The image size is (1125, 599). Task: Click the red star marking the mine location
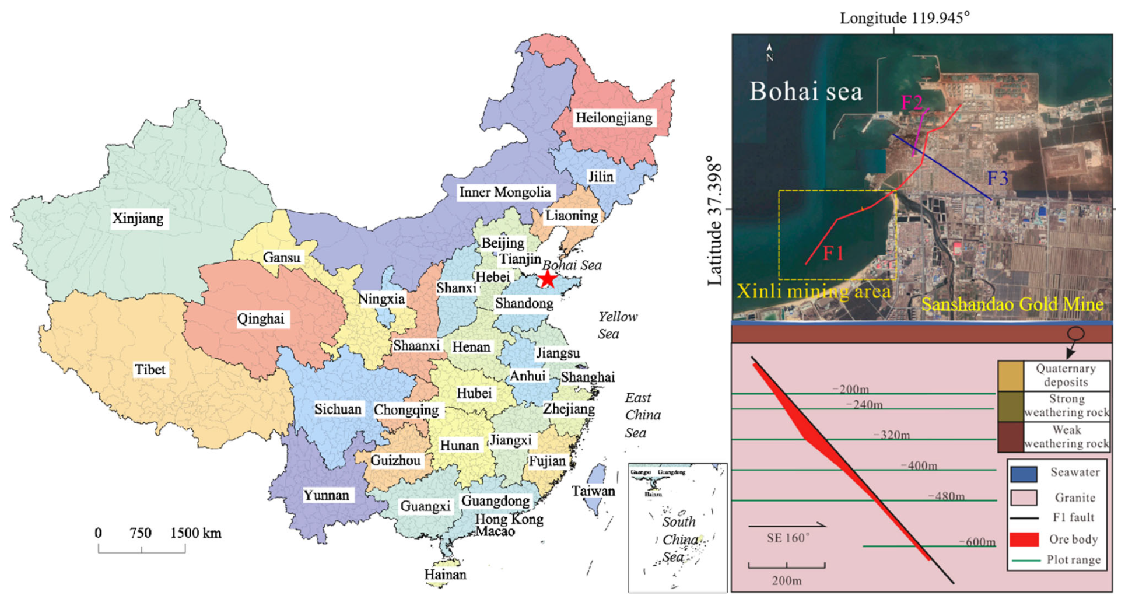[x=547, y=279]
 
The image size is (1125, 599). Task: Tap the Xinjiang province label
[x=138, y=219]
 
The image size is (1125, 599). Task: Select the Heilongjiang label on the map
[x=614, y=118]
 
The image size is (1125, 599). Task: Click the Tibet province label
[x=150, y=370]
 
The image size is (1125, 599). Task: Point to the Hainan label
[x=445, y=575]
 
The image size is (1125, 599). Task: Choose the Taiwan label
[x=593, y=491]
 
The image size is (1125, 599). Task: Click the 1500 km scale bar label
[x=195, y=533]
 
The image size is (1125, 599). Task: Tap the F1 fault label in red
[x=833, y=253]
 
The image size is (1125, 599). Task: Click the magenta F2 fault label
[x=912, y=103]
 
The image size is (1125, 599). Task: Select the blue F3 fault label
[x=997, y=178]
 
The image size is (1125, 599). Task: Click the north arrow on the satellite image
[x=770, y=52]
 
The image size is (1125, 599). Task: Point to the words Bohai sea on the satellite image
[x=805, y=92]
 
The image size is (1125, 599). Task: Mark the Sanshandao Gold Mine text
[x=1012, y=304]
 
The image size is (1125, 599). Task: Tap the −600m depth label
[x=977, y=542]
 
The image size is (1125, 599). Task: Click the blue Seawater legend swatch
[x=1024, y=474]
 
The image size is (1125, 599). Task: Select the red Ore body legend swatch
[x=1024, y=539]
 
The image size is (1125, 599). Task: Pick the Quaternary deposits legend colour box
[x=1011, y=376]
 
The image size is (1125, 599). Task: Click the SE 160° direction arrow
[x=787, y=525]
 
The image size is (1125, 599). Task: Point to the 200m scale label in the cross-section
[x=787, y=580]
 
